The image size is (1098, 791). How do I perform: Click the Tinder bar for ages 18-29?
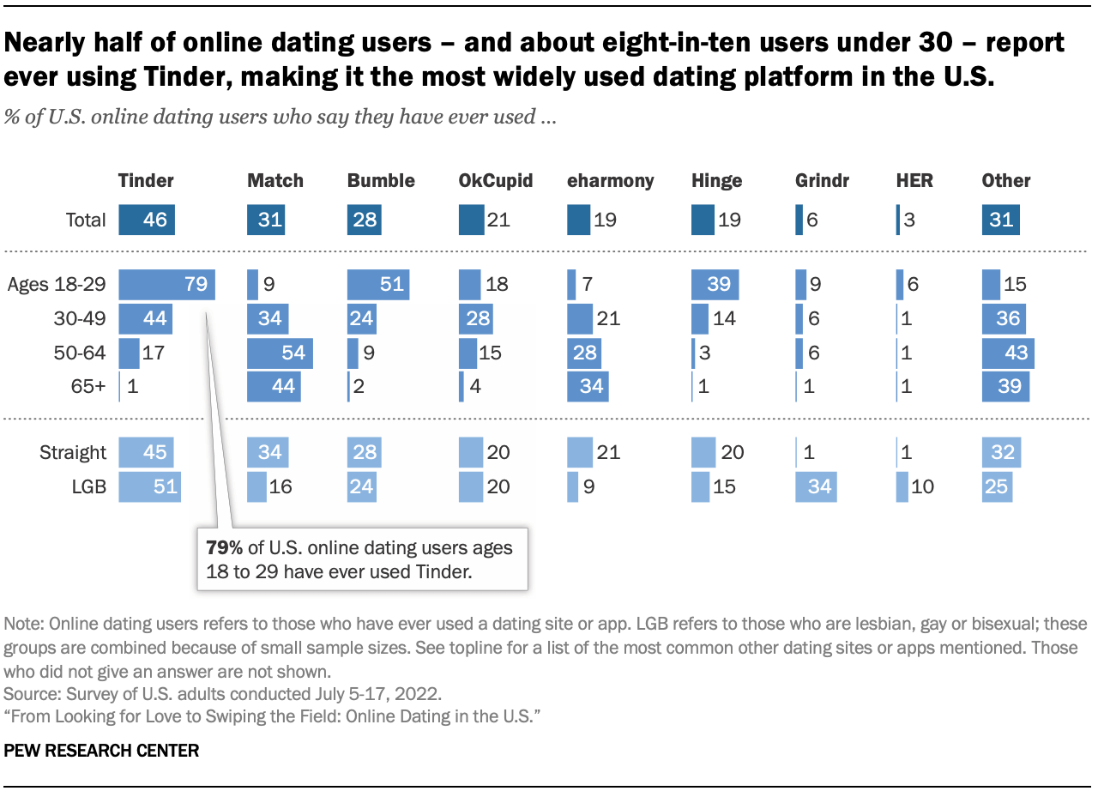[166, 284]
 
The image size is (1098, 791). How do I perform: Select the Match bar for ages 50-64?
[280, 353]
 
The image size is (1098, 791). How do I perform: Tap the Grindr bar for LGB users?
[815, 486]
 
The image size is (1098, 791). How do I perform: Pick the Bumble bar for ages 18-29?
[378, 284]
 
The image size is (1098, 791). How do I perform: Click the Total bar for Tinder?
[147, 219]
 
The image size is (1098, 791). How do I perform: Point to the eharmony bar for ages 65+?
[588, 386]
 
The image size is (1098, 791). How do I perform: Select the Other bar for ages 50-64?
[1008, 353]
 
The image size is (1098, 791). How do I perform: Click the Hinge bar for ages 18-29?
[715, 284]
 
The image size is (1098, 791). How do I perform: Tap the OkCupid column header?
[496, 180]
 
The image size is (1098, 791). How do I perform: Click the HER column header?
[914, 180]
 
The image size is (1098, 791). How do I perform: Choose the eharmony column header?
[610, 180]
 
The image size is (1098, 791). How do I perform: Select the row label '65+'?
[87, 386]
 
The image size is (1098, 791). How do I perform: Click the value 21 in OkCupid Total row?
[498, 219]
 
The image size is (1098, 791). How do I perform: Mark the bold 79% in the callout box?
[225, 547]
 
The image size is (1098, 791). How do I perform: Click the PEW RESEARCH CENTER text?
[101, 751]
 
